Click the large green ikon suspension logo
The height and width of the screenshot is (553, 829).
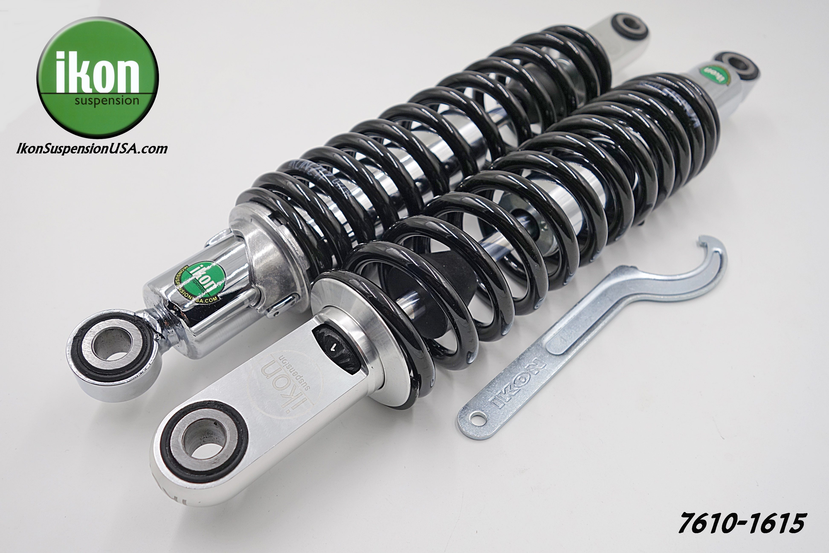98,78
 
